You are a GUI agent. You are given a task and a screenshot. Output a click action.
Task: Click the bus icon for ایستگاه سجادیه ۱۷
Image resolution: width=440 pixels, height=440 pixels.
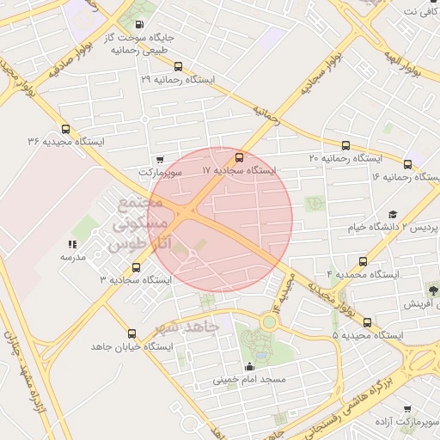point(239,158)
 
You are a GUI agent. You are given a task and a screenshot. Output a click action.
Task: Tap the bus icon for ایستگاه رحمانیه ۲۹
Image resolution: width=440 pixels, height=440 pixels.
point(178,66)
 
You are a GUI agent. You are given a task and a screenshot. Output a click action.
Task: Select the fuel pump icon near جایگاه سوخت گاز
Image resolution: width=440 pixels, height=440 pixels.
point(140,25)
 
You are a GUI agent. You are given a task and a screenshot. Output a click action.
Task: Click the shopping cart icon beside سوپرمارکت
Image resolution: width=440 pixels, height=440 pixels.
point(160,159)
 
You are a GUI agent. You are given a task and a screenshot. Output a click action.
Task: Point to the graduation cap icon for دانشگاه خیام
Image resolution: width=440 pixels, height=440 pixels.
point(393,214)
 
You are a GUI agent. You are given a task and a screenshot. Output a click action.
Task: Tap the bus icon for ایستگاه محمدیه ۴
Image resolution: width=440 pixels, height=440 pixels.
point(363,261)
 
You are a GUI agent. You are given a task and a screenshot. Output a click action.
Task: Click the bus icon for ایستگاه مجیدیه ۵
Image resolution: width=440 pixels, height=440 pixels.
point(368,322)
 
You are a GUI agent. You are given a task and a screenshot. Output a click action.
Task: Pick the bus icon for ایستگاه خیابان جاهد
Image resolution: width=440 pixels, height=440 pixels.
point(131,333)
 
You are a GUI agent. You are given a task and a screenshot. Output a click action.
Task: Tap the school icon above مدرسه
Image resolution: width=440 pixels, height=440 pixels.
point(70,245)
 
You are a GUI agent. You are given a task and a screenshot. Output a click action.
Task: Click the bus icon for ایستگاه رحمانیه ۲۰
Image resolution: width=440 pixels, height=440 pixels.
point(346,145)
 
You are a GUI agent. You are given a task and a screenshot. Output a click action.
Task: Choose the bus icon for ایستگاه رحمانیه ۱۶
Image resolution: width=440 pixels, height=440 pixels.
point(407,163)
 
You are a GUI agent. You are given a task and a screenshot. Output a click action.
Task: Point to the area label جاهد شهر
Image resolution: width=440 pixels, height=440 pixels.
point(188,327)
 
